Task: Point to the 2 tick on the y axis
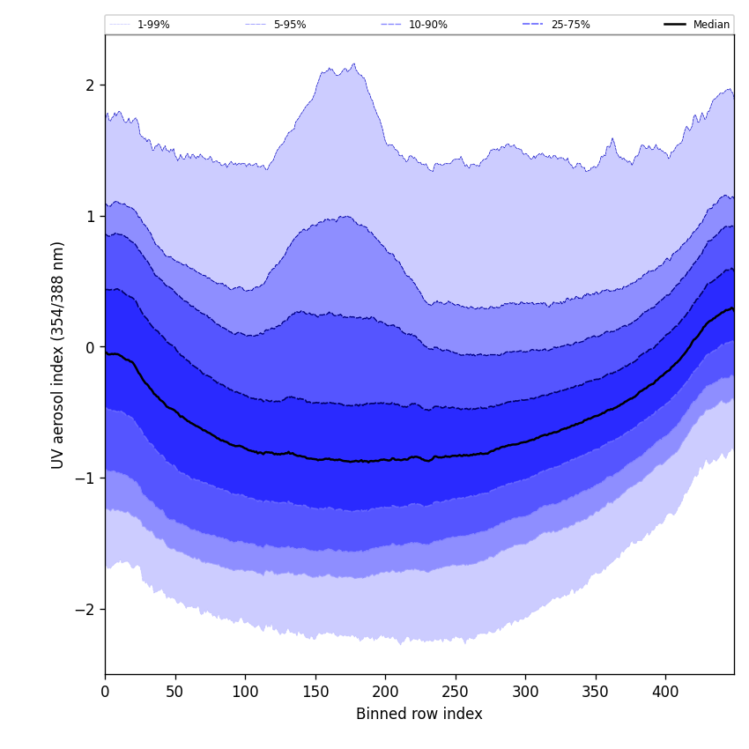(x=90, y=85)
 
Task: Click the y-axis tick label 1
(x=90, y=217)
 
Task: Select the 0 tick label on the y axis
(x=90, y=347)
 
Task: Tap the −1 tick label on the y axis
(x=86, y=478)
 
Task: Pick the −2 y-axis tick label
(x=86, y=610)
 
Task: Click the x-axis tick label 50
(x=174, y=693)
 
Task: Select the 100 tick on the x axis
(x=245, y=693)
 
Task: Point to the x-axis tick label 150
(x=315, y=693)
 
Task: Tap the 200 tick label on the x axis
(x=385, y=693)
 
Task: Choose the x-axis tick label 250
(x=456, y=693)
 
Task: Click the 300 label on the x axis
(x=525, y=693)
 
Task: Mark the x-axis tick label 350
(x=596, y=693)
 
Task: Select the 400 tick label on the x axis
(x=665, y=693)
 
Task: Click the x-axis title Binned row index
(x=419, y=715)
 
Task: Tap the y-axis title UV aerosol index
(x=58, y=355)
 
